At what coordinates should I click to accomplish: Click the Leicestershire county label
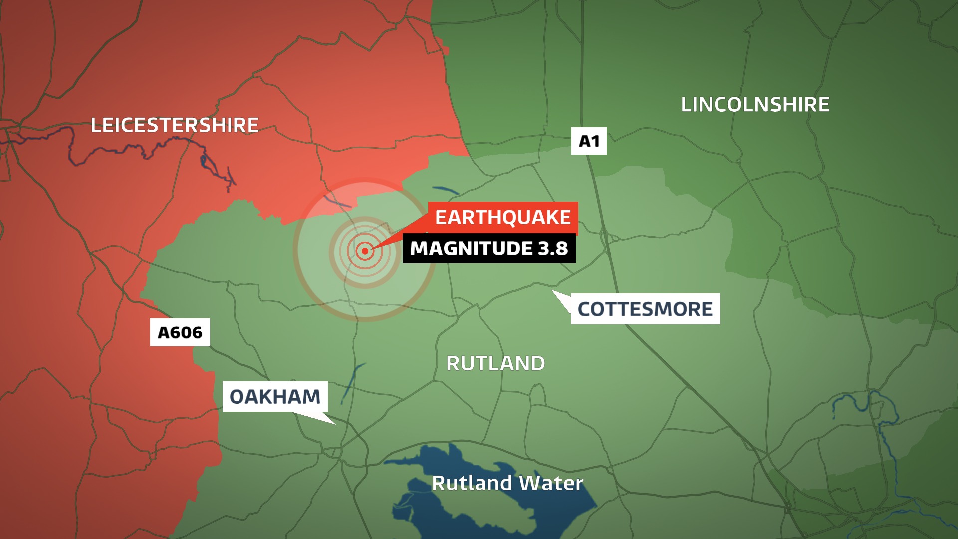[175, 125]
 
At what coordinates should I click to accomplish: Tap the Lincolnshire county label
[755, 105]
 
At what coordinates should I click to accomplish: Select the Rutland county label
[495, 363]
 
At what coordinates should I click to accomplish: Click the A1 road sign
[589, 141]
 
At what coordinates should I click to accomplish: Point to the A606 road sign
[180, 332]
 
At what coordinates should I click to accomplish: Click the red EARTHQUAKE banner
[503, 218]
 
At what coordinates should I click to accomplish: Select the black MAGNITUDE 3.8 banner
[489, 248]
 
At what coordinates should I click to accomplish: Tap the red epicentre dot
[365, 251]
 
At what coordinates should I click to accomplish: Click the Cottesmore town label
[645, 309]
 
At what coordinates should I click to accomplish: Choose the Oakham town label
[275, 397]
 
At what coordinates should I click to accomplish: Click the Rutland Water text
[507, 483]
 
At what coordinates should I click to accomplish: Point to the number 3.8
[553, 248]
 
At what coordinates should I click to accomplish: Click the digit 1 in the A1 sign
[595, 141]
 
